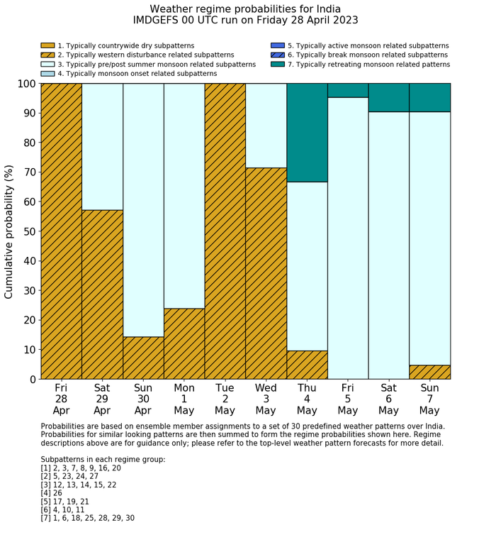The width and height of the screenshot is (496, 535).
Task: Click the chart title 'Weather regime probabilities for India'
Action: click(245, 9)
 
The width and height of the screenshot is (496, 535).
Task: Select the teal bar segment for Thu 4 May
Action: click(307, 133)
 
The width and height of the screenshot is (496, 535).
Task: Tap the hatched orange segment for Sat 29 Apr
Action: click(102, 294)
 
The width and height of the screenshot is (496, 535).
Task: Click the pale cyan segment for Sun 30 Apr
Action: click(143, 210)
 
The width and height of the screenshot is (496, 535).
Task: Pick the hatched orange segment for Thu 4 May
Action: click(307, 365)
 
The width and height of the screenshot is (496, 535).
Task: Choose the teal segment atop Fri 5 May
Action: click(348, 90)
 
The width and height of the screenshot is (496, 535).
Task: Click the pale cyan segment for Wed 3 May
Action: click(266, 126)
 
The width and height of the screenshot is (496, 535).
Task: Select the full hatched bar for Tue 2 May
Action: click(225, 231)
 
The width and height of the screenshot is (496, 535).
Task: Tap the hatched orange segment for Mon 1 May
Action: click(184, 343)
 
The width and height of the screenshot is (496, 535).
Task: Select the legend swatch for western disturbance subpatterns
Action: click(48, 55)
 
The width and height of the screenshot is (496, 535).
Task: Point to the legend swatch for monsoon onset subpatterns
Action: click(48, 74)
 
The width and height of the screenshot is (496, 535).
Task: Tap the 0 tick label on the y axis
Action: click(33, 380)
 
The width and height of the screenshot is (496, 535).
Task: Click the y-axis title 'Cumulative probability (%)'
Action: click(9, 231)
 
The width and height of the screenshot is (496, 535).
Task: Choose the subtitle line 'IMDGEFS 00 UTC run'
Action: click(245, 21)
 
